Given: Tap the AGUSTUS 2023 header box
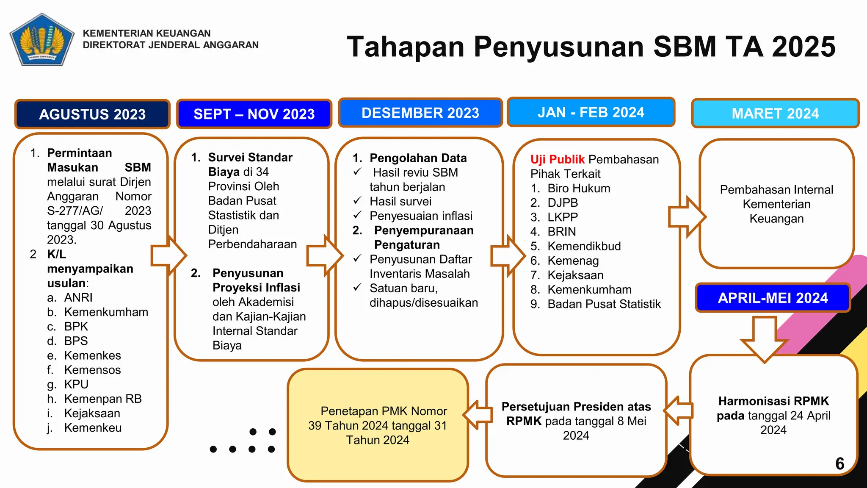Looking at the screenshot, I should click(92, 114).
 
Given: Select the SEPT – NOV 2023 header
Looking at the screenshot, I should click(254, 114).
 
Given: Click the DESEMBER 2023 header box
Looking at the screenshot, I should click(420, 113).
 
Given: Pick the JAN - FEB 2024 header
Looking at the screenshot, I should click(591, 112).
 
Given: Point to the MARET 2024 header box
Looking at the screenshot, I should click(775, 114).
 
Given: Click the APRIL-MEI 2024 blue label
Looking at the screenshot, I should click(773, 298).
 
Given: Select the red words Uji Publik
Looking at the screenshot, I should click(557, 159).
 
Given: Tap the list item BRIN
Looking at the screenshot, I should click(561, 232).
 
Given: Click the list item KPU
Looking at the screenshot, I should click(76, 384).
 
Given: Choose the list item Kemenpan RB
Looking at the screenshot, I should click(103, 399).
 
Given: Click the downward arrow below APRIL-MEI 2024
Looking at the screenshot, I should click(765, 339).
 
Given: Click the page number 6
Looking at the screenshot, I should click(840, 463).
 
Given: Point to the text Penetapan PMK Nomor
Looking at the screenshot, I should click(384, 411).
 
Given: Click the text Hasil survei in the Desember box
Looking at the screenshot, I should click(400, 201).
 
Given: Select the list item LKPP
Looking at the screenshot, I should click(562, 217).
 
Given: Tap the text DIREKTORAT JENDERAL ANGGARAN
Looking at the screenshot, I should click(171, 45).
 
